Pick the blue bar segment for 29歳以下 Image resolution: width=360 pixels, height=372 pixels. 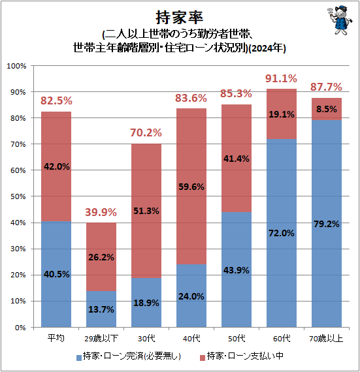coord(101,309)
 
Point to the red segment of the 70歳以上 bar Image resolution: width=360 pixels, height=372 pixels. coord(327,109)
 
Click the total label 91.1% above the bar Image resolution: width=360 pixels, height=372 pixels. coord(282,78)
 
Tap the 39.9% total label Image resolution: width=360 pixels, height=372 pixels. coord(101,212)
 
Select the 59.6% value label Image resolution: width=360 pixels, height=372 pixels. coord(191,186)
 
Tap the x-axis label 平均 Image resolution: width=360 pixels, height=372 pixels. coord(56,339)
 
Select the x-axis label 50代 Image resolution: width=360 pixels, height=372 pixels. coord(237,339)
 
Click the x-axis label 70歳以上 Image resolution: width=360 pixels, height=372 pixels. coord(327,339)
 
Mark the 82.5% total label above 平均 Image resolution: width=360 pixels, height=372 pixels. coord(56,101)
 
